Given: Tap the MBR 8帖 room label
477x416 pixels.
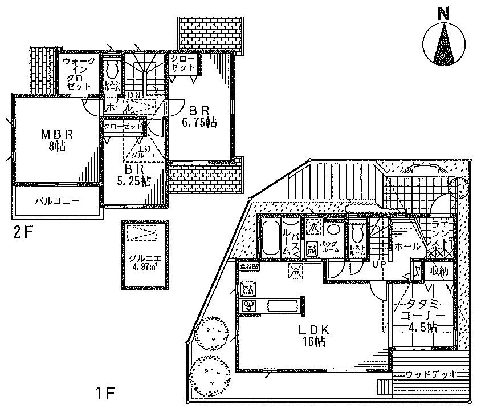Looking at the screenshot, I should (x=56, y=140).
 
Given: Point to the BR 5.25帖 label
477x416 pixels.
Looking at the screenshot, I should (x=134, y=176).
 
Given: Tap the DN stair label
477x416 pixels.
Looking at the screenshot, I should (x=134, y=95).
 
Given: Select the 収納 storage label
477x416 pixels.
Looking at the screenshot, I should (x=440, y=270).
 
